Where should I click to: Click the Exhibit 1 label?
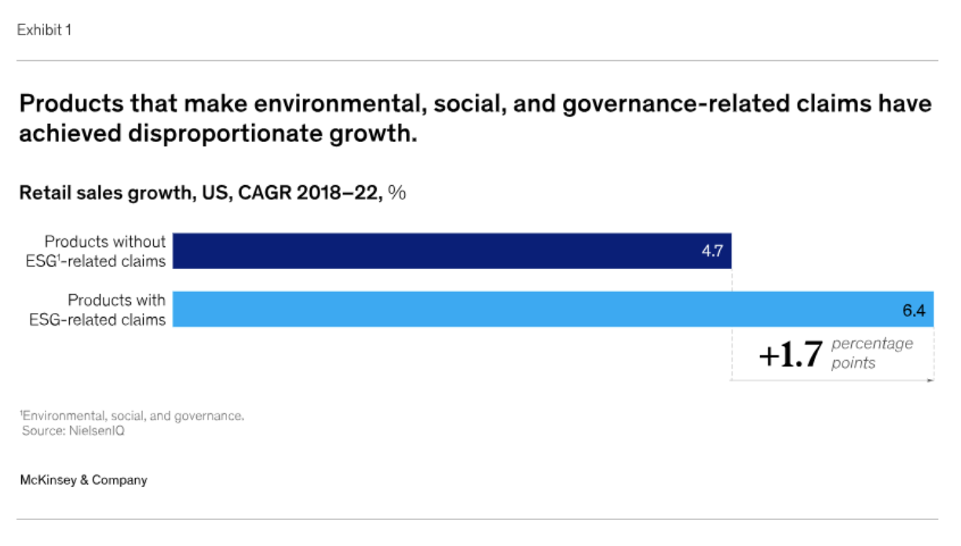point(44,30)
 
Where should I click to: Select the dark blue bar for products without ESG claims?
point(451,251)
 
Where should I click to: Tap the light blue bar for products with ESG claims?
point(553,309)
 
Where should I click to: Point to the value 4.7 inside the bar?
point(712,251)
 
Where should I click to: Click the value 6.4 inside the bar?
point(914,311)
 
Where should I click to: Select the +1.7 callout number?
point(791,355)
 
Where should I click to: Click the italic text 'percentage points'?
point(872,353)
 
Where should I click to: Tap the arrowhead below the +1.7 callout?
point(930,380)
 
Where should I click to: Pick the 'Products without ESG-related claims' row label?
point(96,251)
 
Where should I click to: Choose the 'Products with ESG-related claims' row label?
point(97,310)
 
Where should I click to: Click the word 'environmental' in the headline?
point(340,104)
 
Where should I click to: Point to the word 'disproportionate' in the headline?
point(225,133)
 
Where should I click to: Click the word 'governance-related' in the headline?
point(676,104)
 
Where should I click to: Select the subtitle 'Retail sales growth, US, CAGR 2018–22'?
point(201,193)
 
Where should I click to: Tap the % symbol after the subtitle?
point(396,193)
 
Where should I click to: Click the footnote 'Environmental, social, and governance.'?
point(132,416)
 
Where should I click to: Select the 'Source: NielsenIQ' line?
point(73,431)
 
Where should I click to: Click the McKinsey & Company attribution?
point(84,480)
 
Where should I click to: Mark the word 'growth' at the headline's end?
point(373,134)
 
